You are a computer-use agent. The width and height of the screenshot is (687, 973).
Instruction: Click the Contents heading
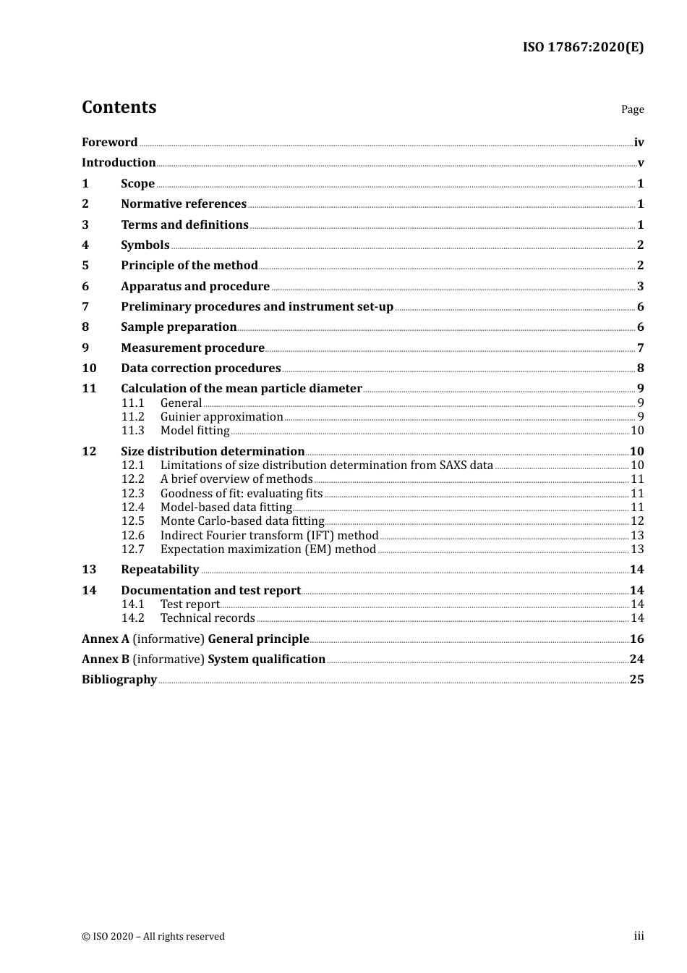[119, 107]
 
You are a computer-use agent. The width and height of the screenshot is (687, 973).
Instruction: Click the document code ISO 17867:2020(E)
[583, 47]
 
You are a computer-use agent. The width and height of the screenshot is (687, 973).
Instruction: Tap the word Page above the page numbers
[632, 109]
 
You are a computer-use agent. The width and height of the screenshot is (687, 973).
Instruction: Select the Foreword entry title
[109, 142]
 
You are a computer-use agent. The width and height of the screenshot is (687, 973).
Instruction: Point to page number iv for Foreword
[639, 143]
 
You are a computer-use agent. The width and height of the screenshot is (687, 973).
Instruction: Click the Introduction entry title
[119, 162]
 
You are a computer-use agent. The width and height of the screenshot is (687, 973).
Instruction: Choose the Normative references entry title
[184, 203]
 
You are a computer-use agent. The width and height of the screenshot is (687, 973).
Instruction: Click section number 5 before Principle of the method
[85, 265]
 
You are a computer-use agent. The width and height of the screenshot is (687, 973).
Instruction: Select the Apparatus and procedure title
[195, 286]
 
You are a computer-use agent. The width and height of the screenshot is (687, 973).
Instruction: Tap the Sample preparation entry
[179, 327]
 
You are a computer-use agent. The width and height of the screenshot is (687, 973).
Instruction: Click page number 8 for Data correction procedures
[640, 368]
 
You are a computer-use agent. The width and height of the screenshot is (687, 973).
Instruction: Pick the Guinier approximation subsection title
[221, 416]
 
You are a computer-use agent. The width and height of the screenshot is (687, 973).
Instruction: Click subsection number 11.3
[133, 430]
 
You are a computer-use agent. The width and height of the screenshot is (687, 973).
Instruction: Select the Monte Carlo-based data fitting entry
[242, 521]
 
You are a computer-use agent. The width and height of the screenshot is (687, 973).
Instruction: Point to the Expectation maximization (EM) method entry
[268, 549]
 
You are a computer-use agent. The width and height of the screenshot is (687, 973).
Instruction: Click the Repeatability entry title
[160, 569]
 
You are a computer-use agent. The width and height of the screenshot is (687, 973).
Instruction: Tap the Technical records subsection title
[208, 618]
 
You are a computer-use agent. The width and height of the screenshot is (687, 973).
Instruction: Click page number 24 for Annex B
[636, 659]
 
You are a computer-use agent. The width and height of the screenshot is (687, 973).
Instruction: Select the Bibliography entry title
[119, 679]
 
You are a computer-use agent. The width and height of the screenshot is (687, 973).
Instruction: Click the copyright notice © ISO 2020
[153, 936]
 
